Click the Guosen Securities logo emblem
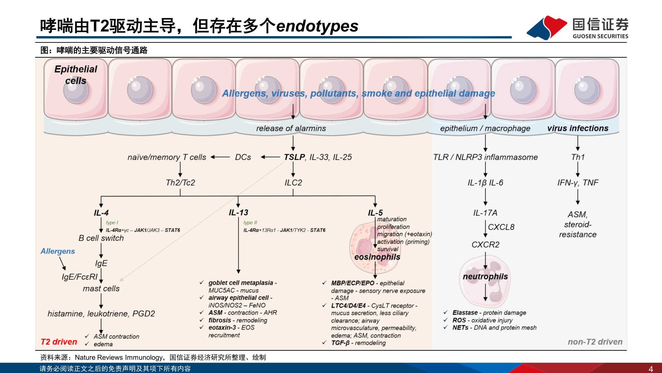click(x=547, y=28)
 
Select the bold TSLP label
click(x=294, y=157)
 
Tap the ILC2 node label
click(x=293, y=183)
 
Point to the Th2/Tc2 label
click(x=180, y=183)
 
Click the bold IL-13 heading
click(x=238, y=213)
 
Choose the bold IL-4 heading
click(x=101, y=213)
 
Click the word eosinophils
click(x=377, y=257)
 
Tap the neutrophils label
click(x=485, y=277)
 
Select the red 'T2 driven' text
click(x=59, y=342)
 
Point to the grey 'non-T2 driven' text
click(x=595, y=342)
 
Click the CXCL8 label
click(x=501, y=227)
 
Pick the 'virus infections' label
click(x=578, y=128)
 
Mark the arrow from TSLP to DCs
click(x=270, y=157)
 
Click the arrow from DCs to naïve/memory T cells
click(x=220, y=157)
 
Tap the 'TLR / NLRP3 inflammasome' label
click(x=486, y=157)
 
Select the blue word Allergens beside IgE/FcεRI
click(x=58, y=251)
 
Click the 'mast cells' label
click(x=101, y=288)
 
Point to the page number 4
click(x=651, y=369)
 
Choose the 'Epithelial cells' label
click(x=76, y=75)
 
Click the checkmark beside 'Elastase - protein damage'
click(x=446, y=312)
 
